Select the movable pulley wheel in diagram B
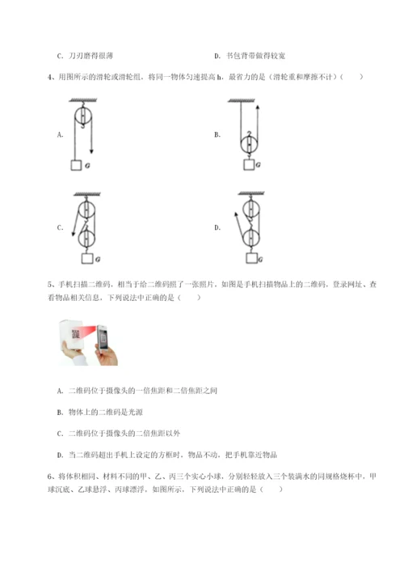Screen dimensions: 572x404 pyautogui.click(x=250, y=138)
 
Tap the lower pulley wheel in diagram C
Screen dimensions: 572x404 pyautogui.click(x=85, y=239)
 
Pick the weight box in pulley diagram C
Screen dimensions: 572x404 pyautogui.click(x=85, y=260)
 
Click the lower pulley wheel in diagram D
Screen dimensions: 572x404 pyautogui.click(x=250, y=239)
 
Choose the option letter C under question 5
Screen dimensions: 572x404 pyautogui.click(x=61, y=432)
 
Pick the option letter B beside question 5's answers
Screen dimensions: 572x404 pyautogui.click(x=61, y=411)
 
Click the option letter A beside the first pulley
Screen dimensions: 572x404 pyautogui.click(x=61, y=135)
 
